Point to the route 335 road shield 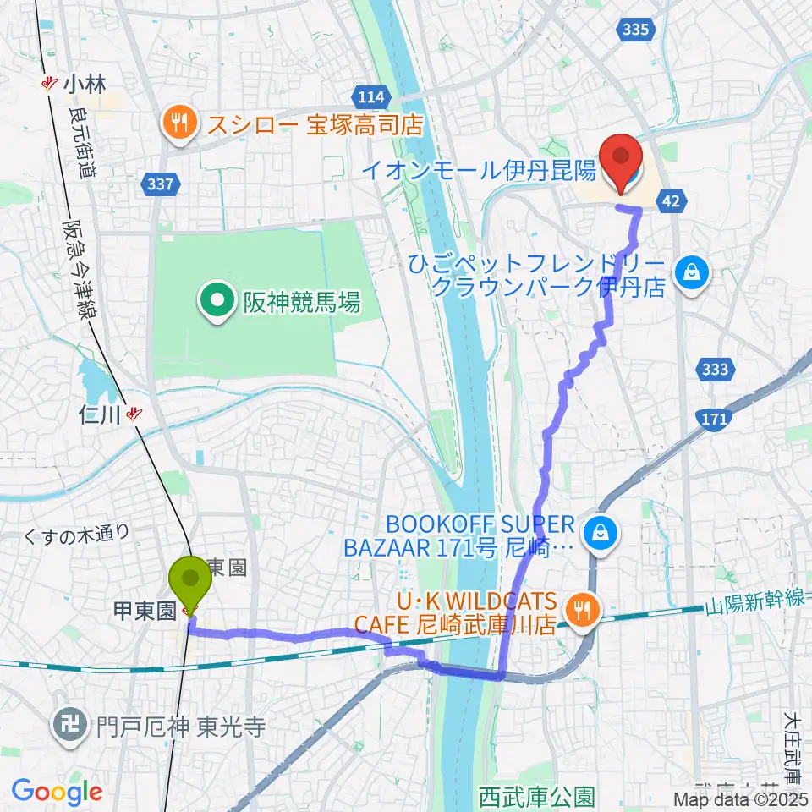(x=635, y=30)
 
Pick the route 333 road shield (x=715, y=370)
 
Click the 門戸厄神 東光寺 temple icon (x=66, y=724)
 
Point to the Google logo (x=57, y=792)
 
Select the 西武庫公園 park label (x=536, y=796)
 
